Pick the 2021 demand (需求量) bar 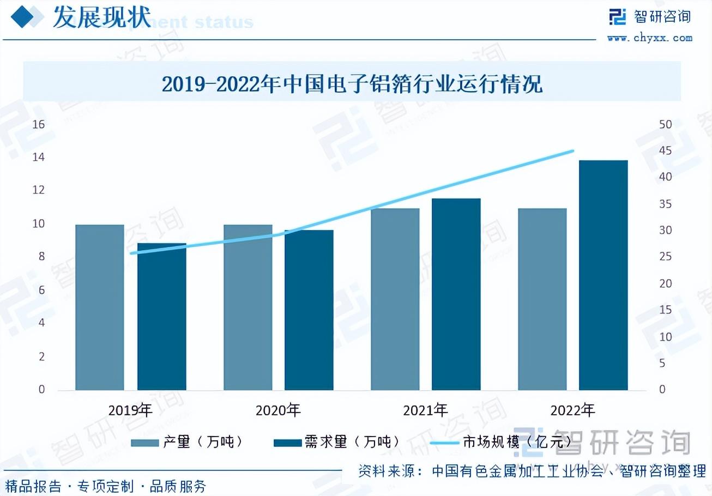(456, 294)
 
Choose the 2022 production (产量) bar (542, 299)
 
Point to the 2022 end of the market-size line (572, 151)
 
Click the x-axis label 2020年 (278, 410)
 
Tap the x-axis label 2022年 (572, 410)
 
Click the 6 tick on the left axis (41, 290)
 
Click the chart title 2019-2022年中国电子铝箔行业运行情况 (352, 85)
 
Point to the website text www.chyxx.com (649, 38)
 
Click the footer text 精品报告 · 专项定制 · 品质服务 (106, 486)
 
